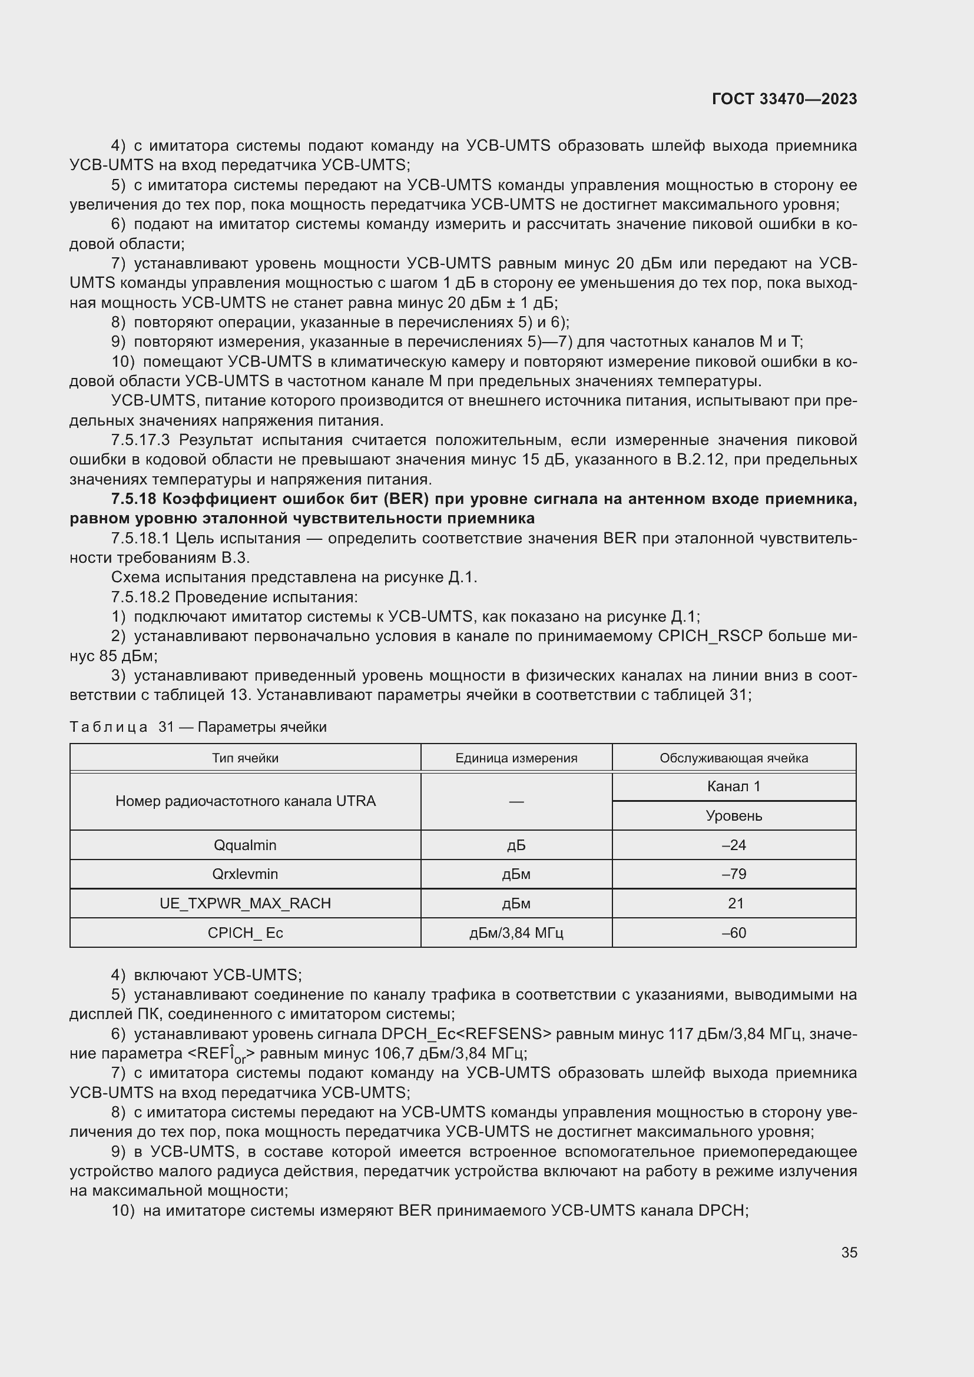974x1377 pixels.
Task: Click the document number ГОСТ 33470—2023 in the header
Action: (784, 99)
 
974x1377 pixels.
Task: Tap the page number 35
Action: (849, 1252)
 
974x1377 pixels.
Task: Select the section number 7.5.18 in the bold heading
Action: (134, 499)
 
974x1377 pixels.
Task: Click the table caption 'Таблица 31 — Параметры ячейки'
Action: (198, 727)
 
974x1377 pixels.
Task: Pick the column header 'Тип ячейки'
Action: (245, 758)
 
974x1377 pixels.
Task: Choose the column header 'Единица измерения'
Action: (516, 758)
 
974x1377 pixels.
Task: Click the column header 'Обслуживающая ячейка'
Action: (734, 758)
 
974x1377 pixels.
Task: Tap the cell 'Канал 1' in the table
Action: (734, 787)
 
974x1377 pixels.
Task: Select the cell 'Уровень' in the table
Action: (734, 815)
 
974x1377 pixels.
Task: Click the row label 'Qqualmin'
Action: (245, 845)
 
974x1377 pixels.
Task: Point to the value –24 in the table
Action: (734, 845)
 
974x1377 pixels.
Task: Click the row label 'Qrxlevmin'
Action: (245, 874)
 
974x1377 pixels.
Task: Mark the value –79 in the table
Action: (734, 874)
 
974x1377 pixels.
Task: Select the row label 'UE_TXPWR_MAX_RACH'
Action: (245, 903)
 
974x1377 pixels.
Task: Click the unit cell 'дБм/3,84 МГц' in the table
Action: (516, 933)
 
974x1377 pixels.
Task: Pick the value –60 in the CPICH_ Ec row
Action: (734, 933)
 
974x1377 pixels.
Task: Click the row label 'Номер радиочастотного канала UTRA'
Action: (245, 801)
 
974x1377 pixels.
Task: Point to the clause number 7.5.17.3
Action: (141, 440)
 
